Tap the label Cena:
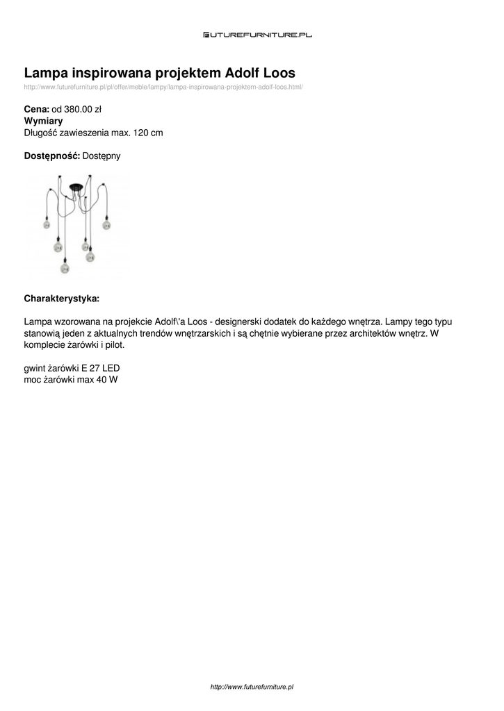36,109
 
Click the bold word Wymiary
43,121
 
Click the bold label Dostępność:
52,156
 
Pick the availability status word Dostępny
101,156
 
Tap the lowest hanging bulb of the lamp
63,268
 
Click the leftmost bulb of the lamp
47,225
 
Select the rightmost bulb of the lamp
106,225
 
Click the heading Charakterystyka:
62,299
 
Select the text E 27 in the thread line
90,368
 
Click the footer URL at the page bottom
252,687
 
